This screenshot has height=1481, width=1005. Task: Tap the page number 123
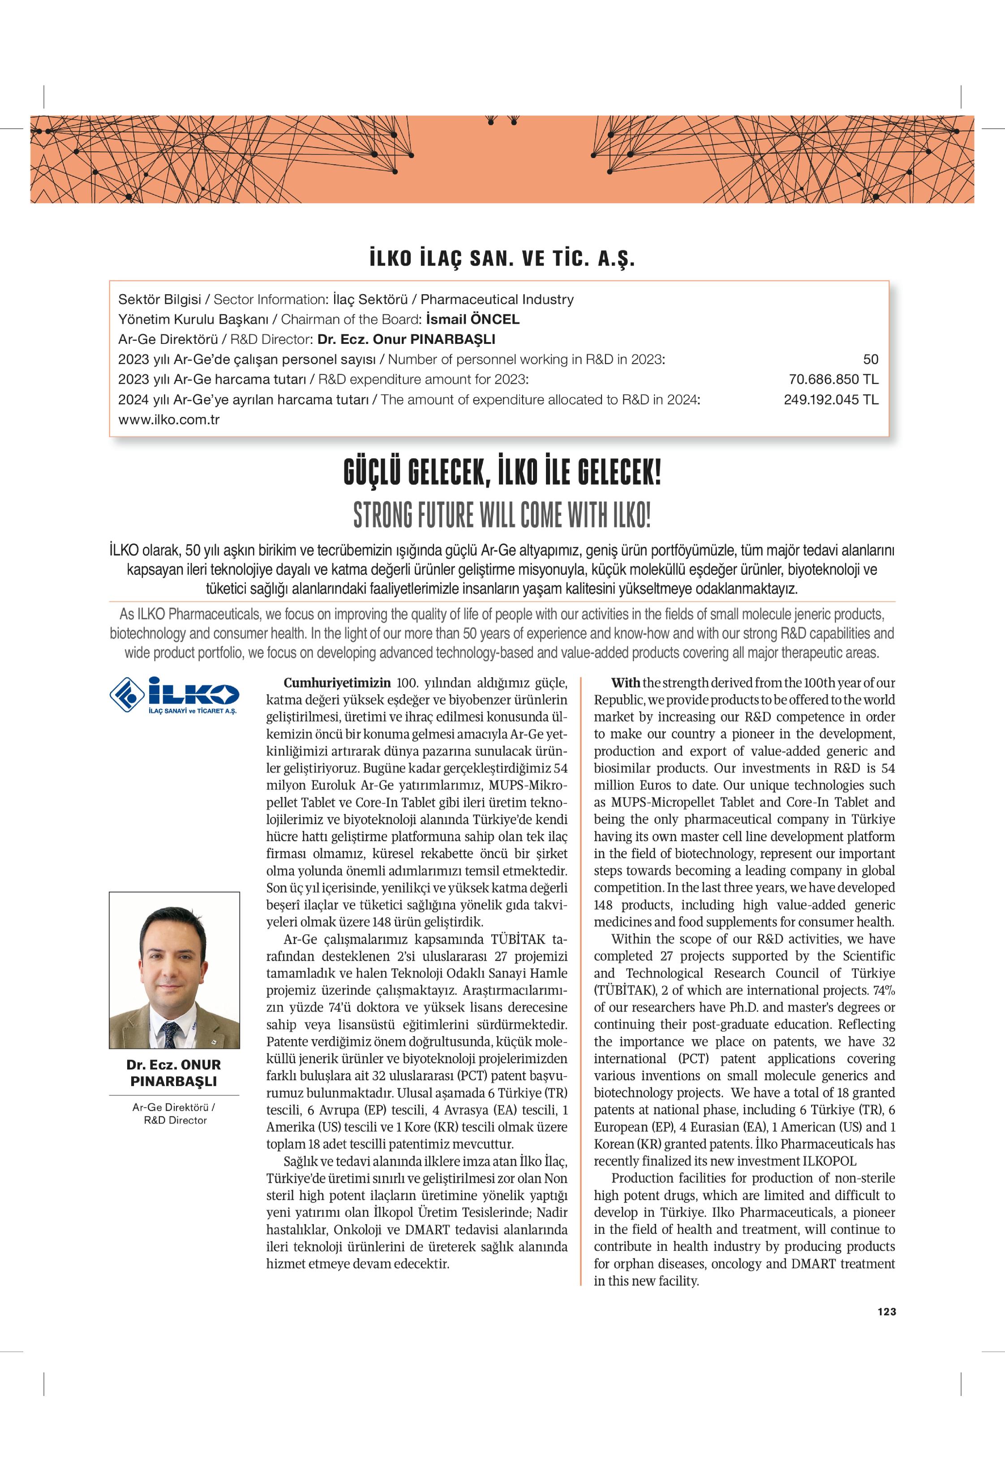(886, 1311)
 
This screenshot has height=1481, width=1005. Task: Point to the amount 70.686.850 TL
(833, 380)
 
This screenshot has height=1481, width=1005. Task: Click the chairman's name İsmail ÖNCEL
(472, 319)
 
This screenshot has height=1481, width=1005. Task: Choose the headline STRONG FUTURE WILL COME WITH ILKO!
(502, 515)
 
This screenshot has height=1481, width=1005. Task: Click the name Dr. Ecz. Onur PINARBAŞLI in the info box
(406, 339)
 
